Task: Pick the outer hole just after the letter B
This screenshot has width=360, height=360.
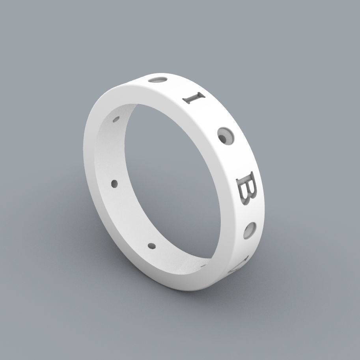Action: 250,231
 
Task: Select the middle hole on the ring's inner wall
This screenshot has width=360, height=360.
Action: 115,183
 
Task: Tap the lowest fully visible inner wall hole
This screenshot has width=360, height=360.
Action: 151,246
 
